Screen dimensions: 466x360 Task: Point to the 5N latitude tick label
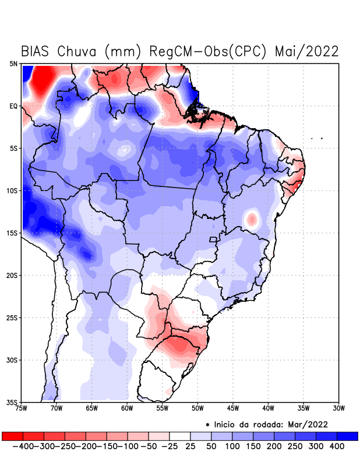click(13, 63)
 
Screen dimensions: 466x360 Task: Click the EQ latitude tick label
click(13, 106)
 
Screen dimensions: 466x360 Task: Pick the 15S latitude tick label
click(12, 233)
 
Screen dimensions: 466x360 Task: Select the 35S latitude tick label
click(12, 402)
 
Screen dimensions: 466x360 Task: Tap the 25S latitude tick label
click(12, 317)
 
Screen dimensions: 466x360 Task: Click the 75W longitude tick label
click(22, 408)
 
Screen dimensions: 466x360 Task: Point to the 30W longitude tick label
click(338, 408)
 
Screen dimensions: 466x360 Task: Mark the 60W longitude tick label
click(126, 408)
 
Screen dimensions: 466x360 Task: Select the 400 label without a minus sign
click(337, 446)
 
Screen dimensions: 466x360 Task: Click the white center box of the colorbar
click(180, 436)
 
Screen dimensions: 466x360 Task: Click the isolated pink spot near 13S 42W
click(252, 219)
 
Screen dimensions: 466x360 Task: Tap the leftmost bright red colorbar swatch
click(12, 436)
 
